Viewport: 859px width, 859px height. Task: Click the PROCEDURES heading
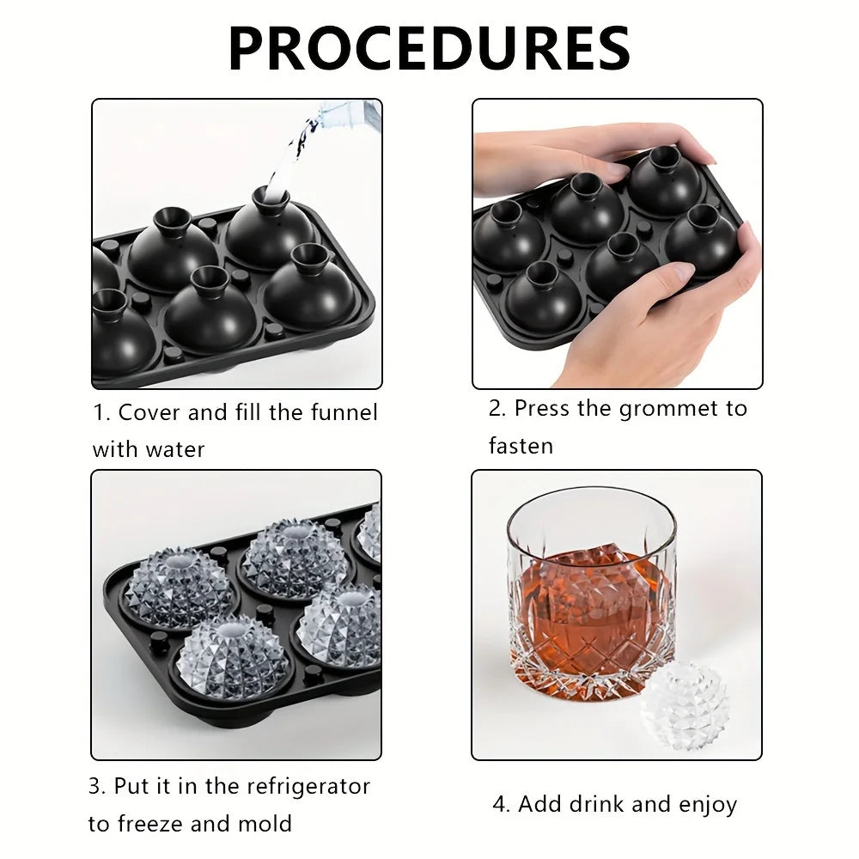point(429,48)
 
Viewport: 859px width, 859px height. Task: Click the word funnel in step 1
point(344,412)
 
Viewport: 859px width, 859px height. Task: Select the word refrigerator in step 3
point(308,786)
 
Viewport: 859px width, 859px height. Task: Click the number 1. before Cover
point(101,412)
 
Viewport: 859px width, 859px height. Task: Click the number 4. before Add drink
point(502,804)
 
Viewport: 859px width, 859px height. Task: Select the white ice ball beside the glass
point(685,706)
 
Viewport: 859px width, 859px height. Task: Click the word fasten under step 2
point(521,445)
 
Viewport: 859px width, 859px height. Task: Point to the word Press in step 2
point(542,408)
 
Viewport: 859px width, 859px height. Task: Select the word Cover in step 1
point(149,412)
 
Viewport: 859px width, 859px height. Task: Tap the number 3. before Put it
point(97,786)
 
